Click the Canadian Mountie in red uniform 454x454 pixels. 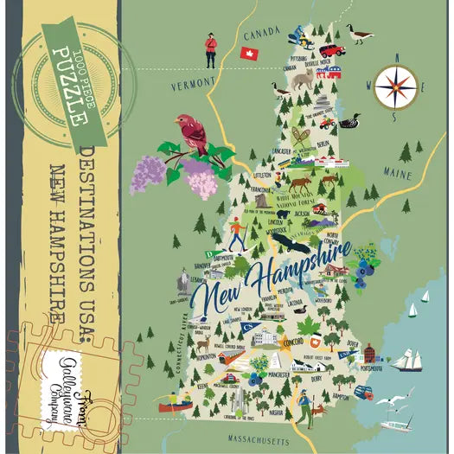[208, 50]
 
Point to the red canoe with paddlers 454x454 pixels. [175, 403]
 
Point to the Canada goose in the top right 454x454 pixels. [357, 35]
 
